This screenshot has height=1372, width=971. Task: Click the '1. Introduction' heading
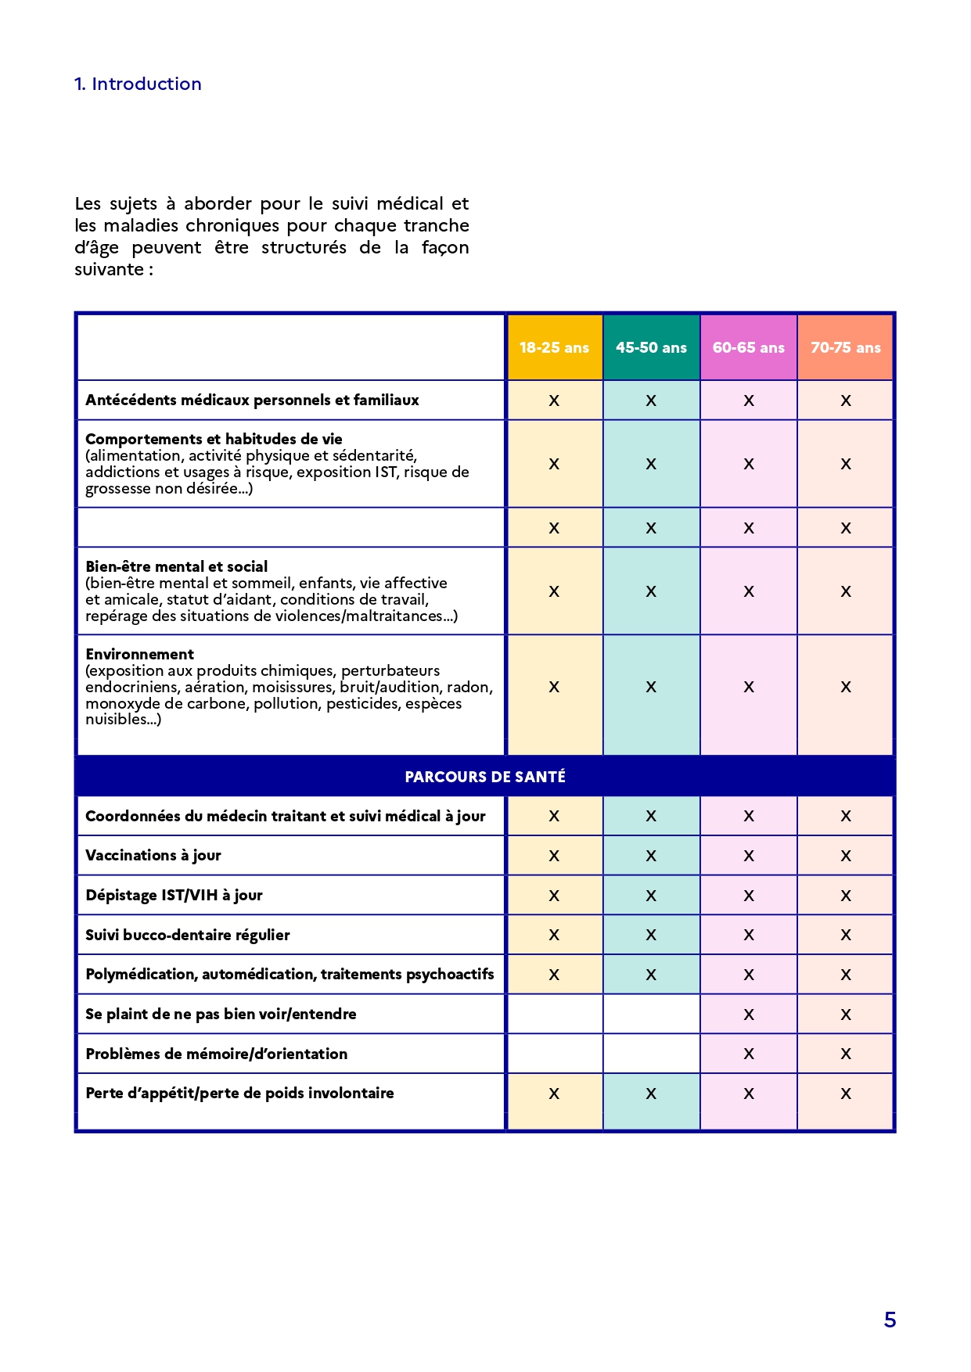pyautogui.click(x=138, y=84)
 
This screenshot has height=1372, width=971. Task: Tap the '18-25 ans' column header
pyautogui.click(x=554, y=348)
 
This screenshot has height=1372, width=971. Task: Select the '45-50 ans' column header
pyautogui.click(x=651, y=348)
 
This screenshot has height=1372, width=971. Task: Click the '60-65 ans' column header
pyautogui.click(x=748, y=348)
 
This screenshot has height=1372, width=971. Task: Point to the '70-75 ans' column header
pyautogui.click(x=845, y=348)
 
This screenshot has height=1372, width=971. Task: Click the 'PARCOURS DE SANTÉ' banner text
pyautogui.click(x=485, y=777)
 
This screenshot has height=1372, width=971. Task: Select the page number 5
pyautogui.click(x=890, y=1320)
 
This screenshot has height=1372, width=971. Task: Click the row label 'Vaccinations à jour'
pyautogui.click(x=153, y=856)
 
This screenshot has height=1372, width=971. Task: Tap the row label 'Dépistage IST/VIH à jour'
pyautogui.click(x=174, y=896)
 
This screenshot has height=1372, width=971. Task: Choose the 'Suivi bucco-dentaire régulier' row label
pyautogui.click(x=188, y=936)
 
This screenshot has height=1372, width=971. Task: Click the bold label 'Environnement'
pyautogui.click(x=140, y=655)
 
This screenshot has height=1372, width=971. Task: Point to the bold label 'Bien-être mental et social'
pyautogui.click(x=177, y=567)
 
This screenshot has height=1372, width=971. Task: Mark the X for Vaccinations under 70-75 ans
pyautogui.click(x=846, y=857)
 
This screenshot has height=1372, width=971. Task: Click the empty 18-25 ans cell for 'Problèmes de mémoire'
pyautogui.click(x=555, y=1054)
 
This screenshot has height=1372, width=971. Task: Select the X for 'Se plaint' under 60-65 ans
pyautogui.click(x=749, y=1015)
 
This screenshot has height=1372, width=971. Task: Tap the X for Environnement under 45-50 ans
pyautogui.click(x=651, y=688)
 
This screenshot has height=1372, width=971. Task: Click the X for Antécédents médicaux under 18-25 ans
pyautogui.click(x=554, y=401)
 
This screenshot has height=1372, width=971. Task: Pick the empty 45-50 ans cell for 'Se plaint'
pyautogui.click(x=651, y=1015)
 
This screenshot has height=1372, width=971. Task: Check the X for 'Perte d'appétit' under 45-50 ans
pyautogui.click(x=651, y=1094)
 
